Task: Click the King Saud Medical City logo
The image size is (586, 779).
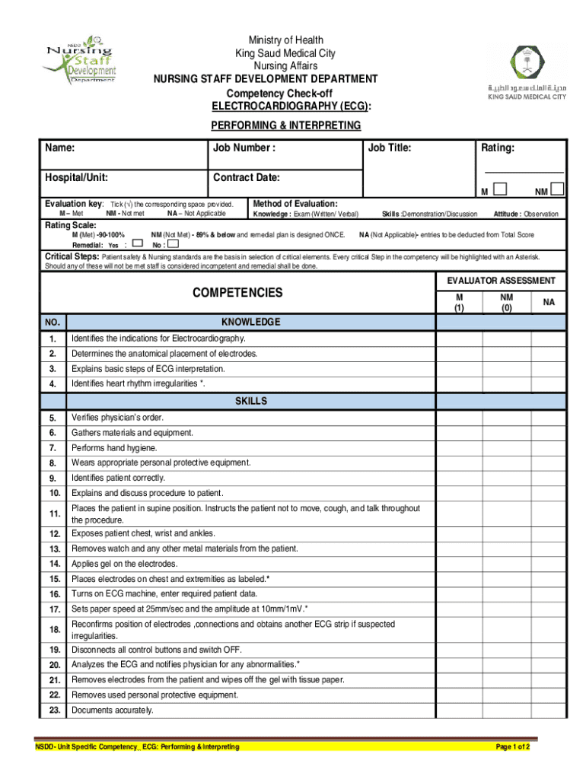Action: [x=521, y=71]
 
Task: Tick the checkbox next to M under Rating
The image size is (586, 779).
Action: [x=500, y=189]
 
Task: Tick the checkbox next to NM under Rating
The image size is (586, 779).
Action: [x=557, y=189]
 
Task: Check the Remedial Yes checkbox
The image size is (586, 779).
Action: [x=137, y=245]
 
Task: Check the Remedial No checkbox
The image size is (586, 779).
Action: [x=173, y=245]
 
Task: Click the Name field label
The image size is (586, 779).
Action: [x=59, y=148]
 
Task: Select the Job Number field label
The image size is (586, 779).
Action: [x=244, y=148]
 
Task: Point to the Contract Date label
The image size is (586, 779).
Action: [x=247, y=178]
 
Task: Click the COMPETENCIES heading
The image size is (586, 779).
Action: [x=237, y=293]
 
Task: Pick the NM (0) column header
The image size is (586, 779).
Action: [x=506, y=303]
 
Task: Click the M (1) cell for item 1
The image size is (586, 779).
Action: [x=459, y=339]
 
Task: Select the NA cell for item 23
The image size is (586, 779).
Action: [x=549, y=710]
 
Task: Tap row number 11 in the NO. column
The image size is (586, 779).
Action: [x=53, y=514]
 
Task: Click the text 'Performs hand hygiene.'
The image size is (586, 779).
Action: [x=114, y=448]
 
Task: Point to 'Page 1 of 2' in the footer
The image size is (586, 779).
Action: [x=512, y=747]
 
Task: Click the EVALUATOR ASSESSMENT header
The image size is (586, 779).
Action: [x=501, y=281]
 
